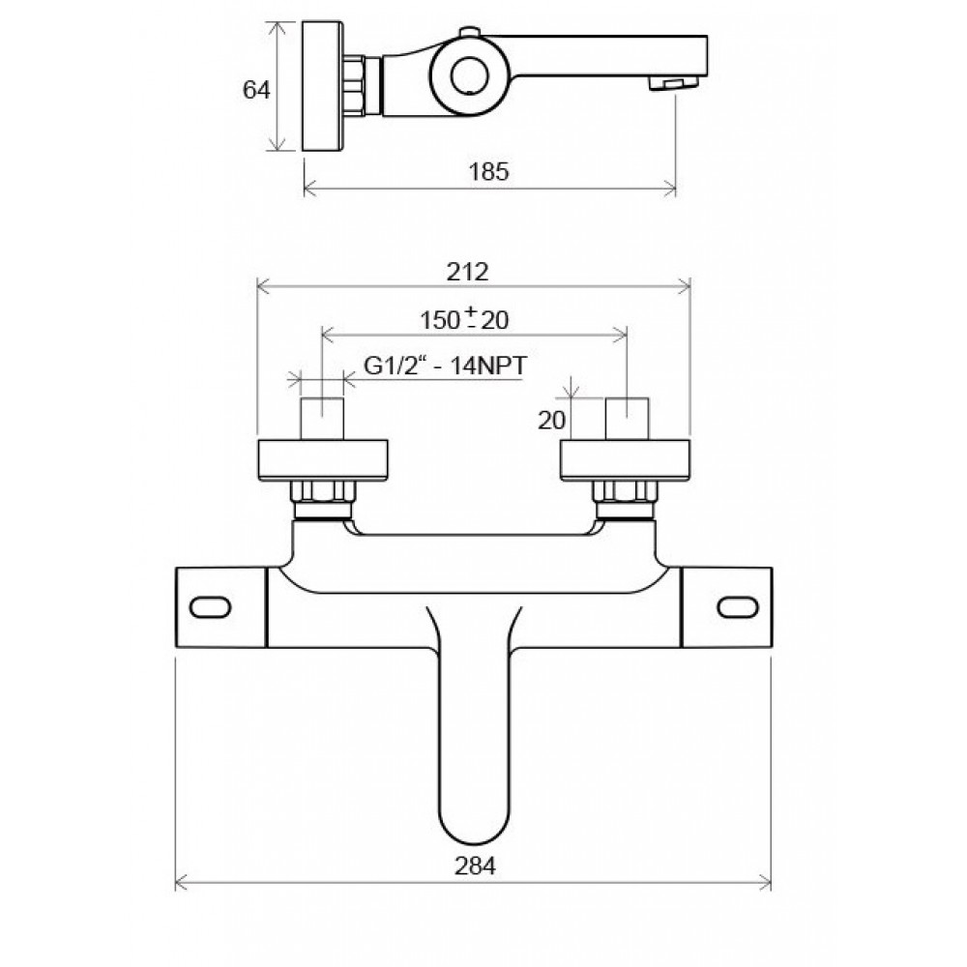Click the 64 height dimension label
tap(256, 90)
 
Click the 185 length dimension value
tap(488, 171)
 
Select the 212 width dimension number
tap(467, 272)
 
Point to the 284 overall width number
tap(475, 865)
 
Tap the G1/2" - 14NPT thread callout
tap(446, 366)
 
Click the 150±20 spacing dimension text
tap(464, 319)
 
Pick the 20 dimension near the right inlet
tap(551, 421)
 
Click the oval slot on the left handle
tap(210, 607)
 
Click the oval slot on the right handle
tap(738, 607)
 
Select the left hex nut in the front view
tap(323, 491)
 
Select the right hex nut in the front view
tap(625, 491)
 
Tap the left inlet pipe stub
tap(322, 419)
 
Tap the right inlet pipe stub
tap(627, 419)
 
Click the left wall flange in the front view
tap(323, 460)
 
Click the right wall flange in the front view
tap(626, 460)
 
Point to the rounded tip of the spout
tap(475, 843)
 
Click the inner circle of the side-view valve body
tap(469, 75)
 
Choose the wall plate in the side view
tap(323, 86)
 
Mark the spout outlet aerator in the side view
tap(673, 82)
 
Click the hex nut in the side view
tap(354, 85)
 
